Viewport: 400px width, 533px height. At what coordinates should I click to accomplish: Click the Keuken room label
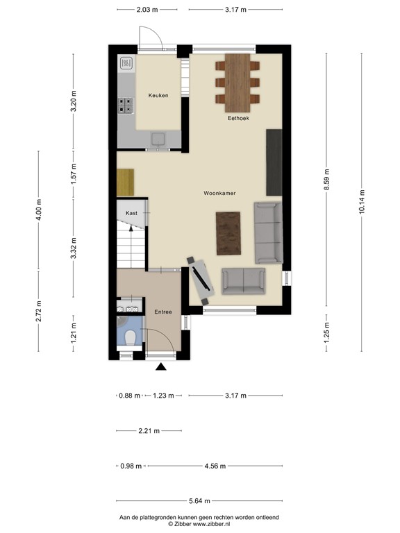158,95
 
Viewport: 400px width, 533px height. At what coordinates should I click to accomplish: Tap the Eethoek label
238,119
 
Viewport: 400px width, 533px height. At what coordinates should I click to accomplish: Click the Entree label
162,312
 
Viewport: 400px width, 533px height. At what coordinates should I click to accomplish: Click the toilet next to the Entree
129,337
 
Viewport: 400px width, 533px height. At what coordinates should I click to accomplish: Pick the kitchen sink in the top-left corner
126,65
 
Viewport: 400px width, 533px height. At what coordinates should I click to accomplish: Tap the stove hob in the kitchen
126,105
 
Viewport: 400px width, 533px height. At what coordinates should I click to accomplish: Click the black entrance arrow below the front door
161,368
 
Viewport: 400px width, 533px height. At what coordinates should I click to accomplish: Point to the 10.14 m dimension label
362,202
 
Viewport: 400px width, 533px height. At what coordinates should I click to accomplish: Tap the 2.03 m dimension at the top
147,10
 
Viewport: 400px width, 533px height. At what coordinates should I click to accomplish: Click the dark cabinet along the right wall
274,162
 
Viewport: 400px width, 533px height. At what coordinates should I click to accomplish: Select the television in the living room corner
201,278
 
